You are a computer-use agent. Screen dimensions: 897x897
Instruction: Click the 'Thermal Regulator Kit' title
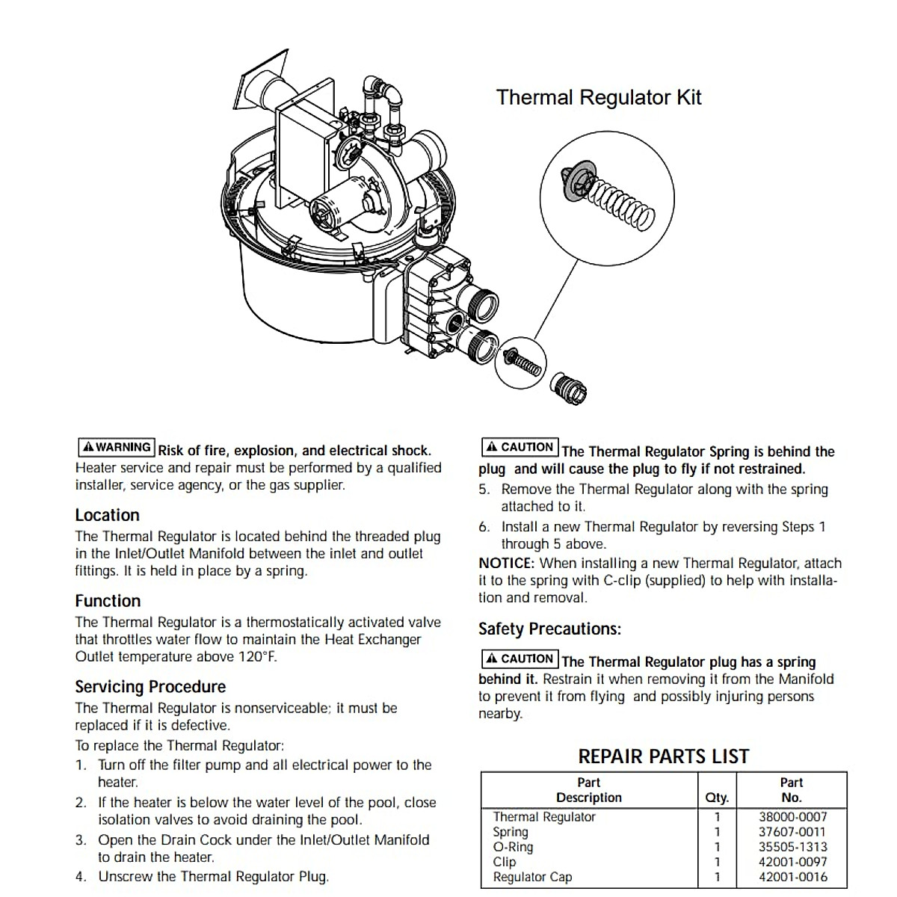click(599, 98)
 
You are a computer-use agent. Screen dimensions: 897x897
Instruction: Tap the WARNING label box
click(116, 448)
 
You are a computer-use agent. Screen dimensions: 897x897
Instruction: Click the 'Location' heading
click(107, 515)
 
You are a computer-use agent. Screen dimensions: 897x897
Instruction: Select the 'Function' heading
click(108, 601)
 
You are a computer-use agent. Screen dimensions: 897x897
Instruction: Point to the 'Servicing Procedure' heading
click(150, 687)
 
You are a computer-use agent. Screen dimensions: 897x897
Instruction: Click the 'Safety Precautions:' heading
click(549, 629)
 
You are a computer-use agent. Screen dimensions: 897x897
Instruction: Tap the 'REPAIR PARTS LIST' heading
click(663, 756)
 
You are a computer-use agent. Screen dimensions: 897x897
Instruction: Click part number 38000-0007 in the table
click(792, 817)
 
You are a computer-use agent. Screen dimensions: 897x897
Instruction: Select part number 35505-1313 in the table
click(792, 847)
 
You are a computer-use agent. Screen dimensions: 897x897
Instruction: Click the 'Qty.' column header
click(717, 798)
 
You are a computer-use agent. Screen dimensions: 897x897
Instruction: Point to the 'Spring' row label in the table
click(511, 832)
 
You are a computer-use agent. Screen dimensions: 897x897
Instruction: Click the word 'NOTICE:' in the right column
click(507, 563)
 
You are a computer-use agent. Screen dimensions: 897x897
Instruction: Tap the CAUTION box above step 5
click(520, 448)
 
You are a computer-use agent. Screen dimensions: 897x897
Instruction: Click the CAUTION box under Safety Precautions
click(520, 659)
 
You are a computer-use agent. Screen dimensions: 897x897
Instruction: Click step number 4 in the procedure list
click(81, 877)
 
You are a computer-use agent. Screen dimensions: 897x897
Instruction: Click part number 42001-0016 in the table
click(792, 877)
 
